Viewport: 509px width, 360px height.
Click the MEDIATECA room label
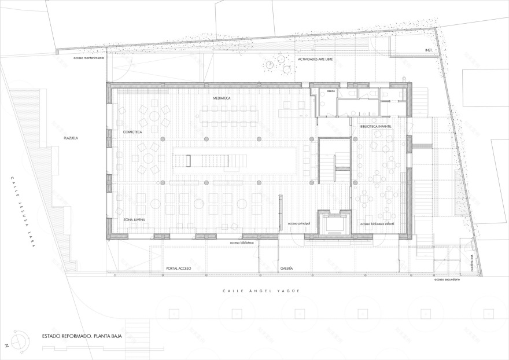222,99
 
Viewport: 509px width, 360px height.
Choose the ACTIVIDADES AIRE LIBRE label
316,60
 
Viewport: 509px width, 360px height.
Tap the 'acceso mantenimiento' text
88,58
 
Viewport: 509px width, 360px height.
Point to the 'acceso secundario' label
446,280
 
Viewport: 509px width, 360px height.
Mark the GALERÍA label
287,269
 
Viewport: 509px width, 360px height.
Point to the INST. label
429,50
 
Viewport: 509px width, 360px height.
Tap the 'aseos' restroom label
331,90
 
